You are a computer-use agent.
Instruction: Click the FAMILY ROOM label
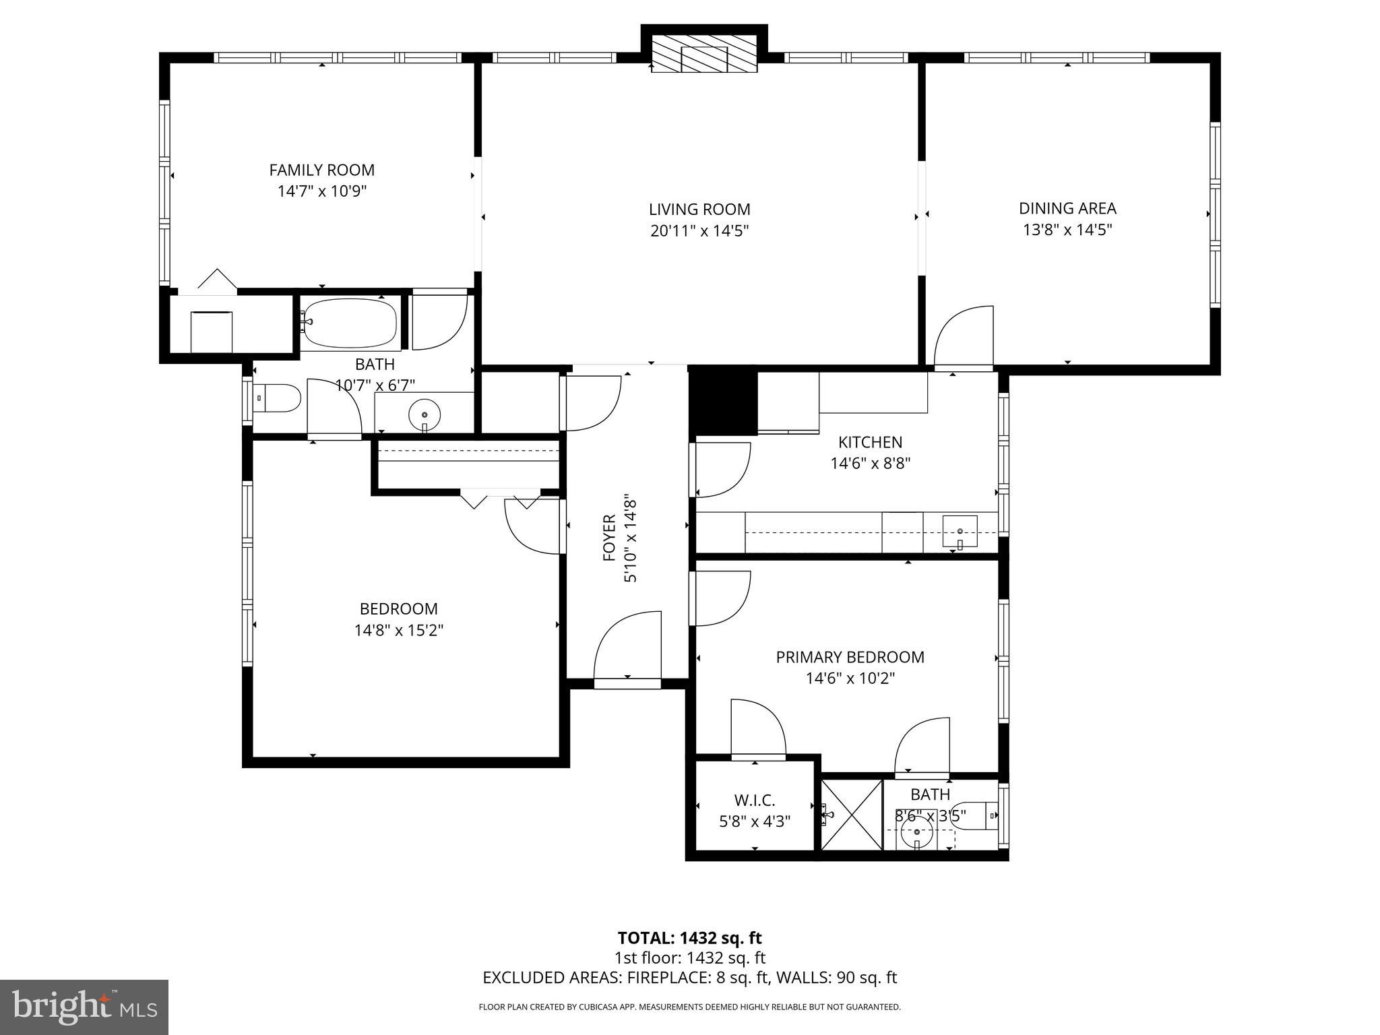coord(321,170)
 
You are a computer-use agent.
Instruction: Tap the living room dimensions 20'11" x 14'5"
coord(699,231)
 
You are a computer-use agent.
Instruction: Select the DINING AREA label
coord(1067,208)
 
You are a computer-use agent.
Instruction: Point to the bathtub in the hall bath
coord(349,323)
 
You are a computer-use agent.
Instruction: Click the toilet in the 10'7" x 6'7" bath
coord(277,398)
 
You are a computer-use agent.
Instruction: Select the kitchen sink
coord(960,533)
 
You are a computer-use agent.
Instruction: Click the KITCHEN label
coord(870,442)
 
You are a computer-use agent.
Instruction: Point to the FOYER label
coord(609,538)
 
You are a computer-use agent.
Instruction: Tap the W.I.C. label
coord(754,801)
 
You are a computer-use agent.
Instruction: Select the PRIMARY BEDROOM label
coord(850,657)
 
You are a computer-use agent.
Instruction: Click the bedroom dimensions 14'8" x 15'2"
coord(399,631)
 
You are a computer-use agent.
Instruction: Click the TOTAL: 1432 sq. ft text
coord(689,938)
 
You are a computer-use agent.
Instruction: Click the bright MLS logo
coord(84,1007)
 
